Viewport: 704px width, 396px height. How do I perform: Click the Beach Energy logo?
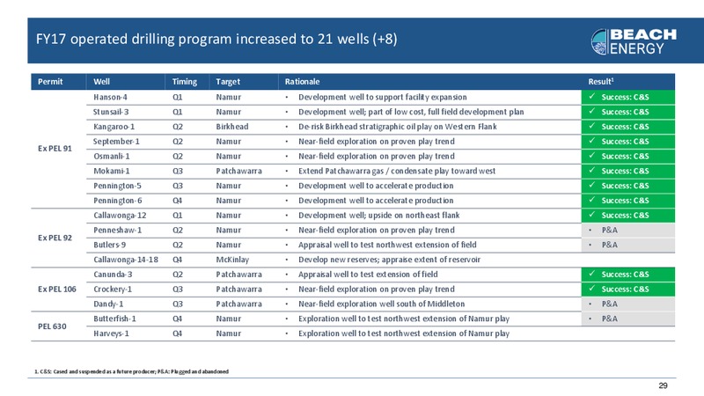tap(634, 41)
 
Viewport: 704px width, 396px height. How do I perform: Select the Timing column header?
tap(185, 81)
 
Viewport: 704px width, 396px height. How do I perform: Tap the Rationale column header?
tap(302, 81)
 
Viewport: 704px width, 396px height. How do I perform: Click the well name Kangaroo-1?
tap(114, 127)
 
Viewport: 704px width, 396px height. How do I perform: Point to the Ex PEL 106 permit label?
tap(57, 290)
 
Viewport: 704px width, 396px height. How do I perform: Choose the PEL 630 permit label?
tap(52, 326)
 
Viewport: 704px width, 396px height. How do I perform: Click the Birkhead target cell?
tap(232, 127)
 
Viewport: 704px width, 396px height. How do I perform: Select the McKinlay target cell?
tap(232, 260)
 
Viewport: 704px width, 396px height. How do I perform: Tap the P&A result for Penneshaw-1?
tap(609, 230)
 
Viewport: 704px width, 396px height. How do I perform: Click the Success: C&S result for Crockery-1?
tap(625, 290)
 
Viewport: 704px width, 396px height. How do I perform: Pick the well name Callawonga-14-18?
tap(126, 260)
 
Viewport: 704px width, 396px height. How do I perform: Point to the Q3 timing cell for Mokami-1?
tap(178, 171)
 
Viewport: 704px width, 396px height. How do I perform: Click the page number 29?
tap(663, 385)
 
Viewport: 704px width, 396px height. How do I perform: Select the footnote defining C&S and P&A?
tap(131, 371)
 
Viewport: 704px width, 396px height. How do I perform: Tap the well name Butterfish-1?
tap(114, 319)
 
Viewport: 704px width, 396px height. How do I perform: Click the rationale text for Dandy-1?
tap(382, 304)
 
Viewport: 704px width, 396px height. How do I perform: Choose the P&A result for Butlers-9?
tap(609, 245)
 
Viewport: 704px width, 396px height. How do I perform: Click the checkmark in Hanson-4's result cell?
tap(591, 96)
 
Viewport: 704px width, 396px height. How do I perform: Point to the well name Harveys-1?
tap(111, 334)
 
